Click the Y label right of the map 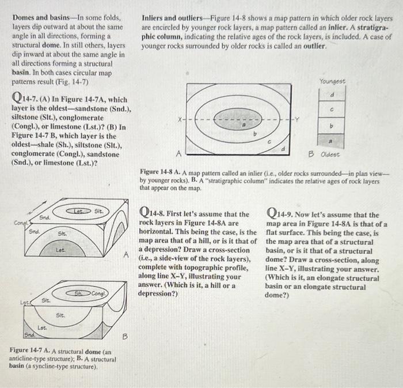point(299,120)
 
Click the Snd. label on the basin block point(28,334)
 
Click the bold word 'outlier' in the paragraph point(311,46)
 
